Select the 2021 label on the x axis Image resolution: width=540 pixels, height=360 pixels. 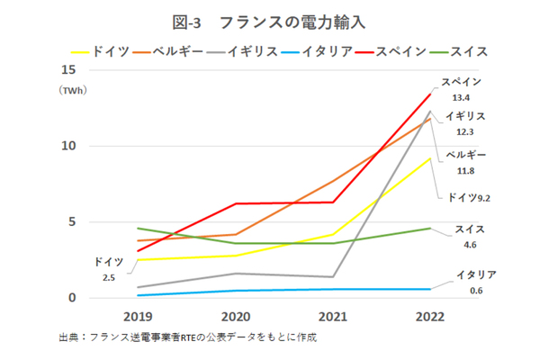tap(333, 317)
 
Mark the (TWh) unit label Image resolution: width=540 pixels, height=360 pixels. tap(68, 91)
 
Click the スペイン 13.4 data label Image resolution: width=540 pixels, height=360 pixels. tap(462, 89)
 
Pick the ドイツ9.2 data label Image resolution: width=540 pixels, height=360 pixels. tap(466, 196)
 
